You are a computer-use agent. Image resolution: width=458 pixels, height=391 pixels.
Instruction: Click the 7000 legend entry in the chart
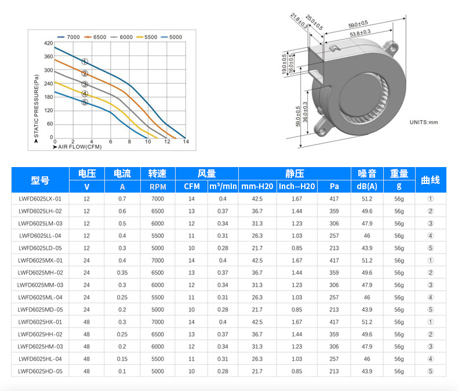point(68,37)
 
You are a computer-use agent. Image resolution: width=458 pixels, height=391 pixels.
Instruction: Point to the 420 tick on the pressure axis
point(49,44)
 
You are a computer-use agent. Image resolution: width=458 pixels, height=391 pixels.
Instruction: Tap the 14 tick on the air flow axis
point(186,142)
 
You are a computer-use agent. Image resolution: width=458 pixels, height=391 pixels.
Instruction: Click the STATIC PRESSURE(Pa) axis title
point(36,106)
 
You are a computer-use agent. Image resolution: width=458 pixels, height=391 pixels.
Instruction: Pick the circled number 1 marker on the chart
point(85,61)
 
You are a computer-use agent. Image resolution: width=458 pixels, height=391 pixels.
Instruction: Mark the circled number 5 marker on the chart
point(85,102)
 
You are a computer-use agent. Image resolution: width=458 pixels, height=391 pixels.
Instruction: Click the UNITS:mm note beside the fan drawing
point(424,122)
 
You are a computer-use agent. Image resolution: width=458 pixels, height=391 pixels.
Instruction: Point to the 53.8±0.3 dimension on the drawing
point(360,33)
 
